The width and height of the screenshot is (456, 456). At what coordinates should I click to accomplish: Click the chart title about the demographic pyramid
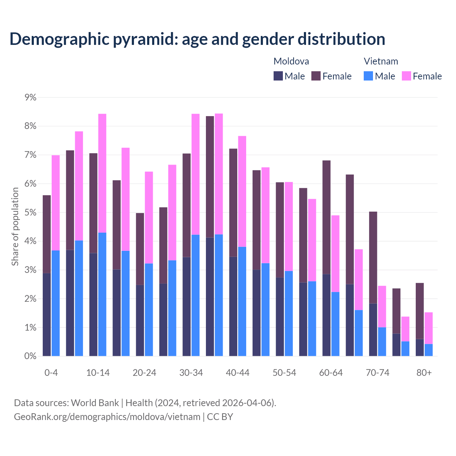click(x=197, y=39)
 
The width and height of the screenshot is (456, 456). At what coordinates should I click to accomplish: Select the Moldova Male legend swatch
click(x=278, y=76)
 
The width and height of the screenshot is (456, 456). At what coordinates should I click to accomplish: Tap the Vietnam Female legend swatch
click(x=406, y=76)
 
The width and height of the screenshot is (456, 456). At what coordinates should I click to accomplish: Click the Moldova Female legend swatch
click(x=316, y=76)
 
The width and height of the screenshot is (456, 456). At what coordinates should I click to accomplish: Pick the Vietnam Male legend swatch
click(x=368, y=76)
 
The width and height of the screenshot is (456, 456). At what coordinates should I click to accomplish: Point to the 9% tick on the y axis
click(x=30, y=97)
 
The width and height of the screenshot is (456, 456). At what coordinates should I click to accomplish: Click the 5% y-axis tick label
click(x=30, y=213)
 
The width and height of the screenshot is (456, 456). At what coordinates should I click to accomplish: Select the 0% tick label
click(x=30, y=356)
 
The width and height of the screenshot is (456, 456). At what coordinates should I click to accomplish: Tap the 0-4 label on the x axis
click(x=51, y=373)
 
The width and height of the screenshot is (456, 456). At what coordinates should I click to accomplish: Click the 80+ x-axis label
click(x=424, y=373)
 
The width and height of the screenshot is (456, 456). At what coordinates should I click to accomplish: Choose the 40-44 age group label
click(x=238, y=373)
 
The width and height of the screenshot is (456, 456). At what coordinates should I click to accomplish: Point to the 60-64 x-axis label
click(x=331, y=373)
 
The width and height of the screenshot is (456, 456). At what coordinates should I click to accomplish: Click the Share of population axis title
click(x=15, y=227)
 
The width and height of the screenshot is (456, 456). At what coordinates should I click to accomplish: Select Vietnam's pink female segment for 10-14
click(x=102, y=173)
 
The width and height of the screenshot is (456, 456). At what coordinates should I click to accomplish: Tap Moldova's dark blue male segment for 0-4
click(x=47, y=315)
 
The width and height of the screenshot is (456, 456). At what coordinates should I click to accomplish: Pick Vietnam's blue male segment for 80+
click(x=429, y=350)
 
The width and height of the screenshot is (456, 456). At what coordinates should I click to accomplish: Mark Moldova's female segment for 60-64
click(x=326, y=217)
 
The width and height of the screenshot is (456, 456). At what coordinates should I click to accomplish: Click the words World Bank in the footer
click(x=95, y=403)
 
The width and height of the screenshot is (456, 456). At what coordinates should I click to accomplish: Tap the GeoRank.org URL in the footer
click(x=107, y=417)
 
